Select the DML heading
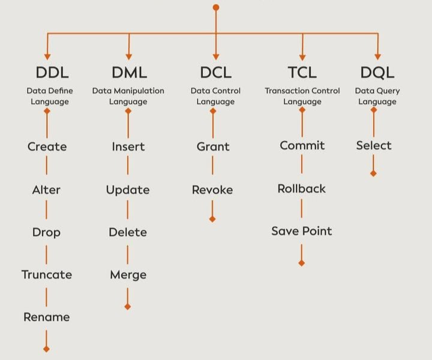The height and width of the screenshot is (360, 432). pyautogui.click(x=128, y=73)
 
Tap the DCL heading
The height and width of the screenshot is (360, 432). pyautogui.click(x=215, y=73)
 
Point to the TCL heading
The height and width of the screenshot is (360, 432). pyautogui.click(x=302, y=73)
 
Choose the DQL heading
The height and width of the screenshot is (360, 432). pyautogui.click(x=377, y=73)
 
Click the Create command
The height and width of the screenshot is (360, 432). pyautogui.click(x=47, y=146)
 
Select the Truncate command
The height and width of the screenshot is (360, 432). pyautogui.click(x=47, y=275)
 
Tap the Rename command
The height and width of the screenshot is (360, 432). pyautogui.click(x=47, y=317)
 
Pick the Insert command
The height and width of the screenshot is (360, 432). pyautogui.click(x=128, y=146)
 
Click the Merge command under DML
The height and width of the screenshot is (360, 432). pyautogui.click(x=128, y=275)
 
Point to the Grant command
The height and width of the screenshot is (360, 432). pyautogui.click(x=213, y=146)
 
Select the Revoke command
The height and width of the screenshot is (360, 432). pyautogui.click(x=212, y=190)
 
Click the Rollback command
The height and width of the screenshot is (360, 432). pyautogui.click(x=301, y=188)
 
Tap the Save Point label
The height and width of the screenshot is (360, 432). pyautogui.click(x=301, y=231)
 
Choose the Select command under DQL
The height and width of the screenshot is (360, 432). pyautogui.click(x=374, y=145)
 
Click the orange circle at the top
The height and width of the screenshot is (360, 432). pyautogui.click(x=216, y=7)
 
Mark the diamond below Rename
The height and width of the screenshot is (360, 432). pyautogui.click(x=46, y=349)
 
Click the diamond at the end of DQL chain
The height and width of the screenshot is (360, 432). pyautogui.click(x=373, y=173)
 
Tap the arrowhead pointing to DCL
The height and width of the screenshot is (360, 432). pyautogui.click(x=215, y=56)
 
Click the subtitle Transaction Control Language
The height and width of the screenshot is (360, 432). pyautogui.click(x=302, y=96)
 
